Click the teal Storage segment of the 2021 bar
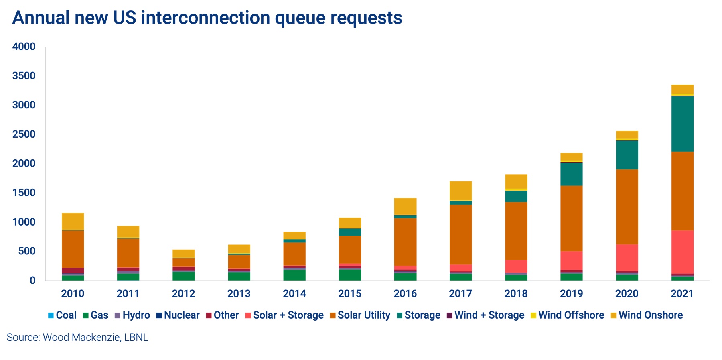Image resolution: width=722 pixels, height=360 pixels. (682, 124)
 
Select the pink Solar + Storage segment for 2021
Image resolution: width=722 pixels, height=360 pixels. (682, 252)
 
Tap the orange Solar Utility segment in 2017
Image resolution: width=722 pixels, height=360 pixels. (460, 234)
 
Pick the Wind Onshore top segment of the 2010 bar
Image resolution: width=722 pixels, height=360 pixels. (73, 221)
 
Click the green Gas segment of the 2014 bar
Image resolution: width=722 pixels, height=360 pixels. (294, 275)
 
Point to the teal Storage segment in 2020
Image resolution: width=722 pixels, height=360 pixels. (627, 155)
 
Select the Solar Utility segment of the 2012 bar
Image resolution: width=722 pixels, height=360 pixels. (183, 262)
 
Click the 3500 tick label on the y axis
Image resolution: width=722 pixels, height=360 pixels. (24, 76)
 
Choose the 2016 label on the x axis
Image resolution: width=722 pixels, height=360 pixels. (405, 293)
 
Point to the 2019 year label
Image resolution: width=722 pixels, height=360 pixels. (571, 293)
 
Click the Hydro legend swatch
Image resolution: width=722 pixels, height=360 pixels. (118, 315)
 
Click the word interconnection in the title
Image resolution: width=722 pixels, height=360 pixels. (205, 18)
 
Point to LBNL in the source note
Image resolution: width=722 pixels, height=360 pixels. (136, 337)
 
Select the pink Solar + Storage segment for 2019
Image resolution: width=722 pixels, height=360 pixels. (571, 260)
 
